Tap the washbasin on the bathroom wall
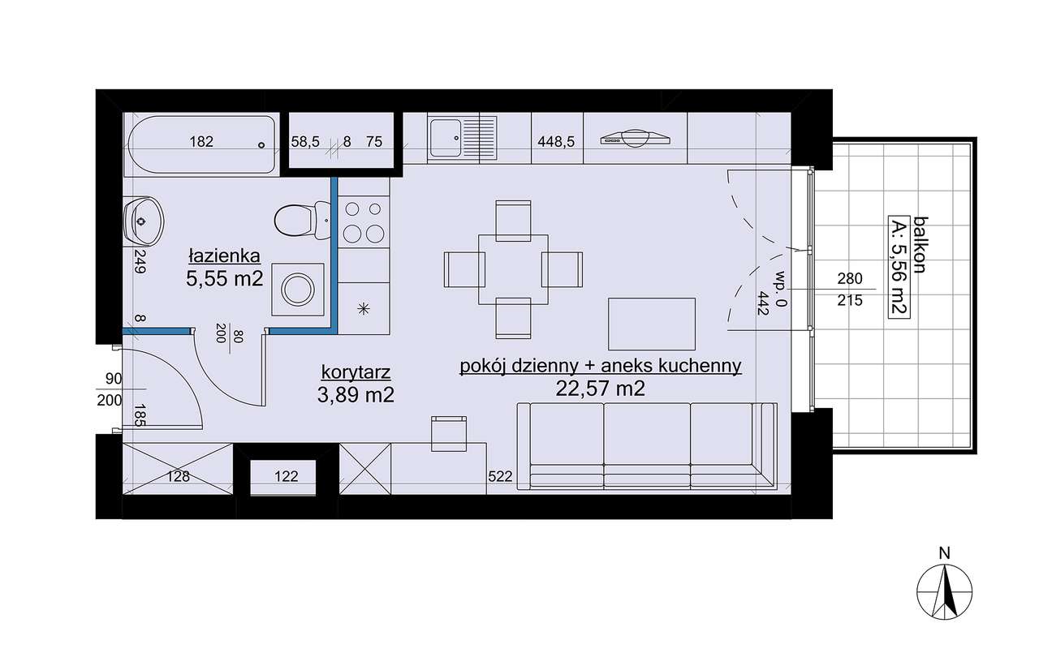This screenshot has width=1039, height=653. point(143,222)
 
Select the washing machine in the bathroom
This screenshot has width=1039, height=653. point(297,290)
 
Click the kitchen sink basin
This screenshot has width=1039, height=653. point(446,138)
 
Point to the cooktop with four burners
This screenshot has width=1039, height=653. point(364,221)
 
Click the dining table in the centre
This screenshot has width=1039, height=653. point(513,270)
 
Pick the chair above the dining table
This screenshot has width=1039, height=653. point(513,220)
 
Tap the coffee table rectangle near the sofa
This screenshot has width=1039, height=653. point(652,324)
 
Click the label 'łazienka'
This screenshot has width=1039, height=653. point(224,256)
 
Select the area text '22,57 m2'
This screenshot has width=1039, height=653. point(600,389)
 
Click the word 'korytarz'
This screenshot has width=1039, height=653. point(356,372)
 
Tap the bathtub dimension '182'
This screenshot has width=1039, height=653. point(201,141)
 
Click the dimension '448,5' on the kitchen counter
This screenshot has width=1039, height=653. point(556,142)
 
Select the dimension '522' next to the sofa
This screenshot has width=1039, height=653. point(500,476)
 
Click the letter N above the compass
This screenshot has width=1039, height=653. point(944,553)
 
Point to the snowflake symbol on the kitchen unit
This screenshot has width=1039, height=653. point(364,309)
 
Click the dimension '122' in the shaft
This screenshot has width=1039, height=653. point(287,476)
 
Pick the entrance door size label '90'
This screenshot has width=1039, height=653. point(114,379)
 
